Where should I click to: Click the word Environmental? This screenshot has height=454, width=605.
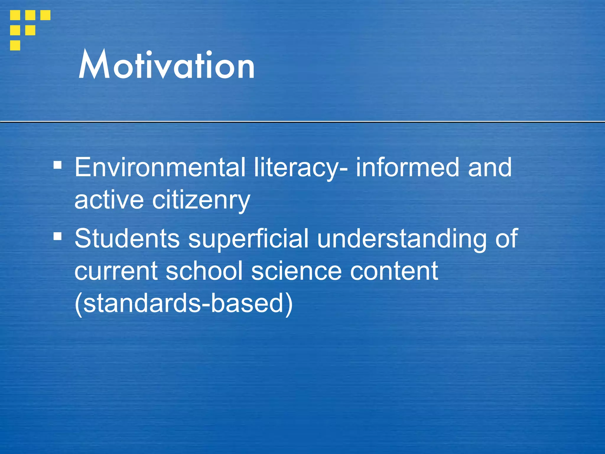[x=160, y=167]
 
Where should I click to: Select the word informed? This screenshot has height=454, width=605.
[x=407, y=167]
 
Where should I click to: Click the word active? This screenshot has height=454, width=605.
[x=109, y=200]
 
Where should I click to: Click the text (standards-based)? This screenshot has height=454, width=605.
[x=183, y=304]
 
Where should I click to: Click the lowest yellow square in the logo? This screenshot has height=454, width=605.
[x=15, y=46]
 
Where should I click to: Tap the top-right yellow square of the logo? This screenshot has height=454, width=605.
[x=45, y=15]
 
